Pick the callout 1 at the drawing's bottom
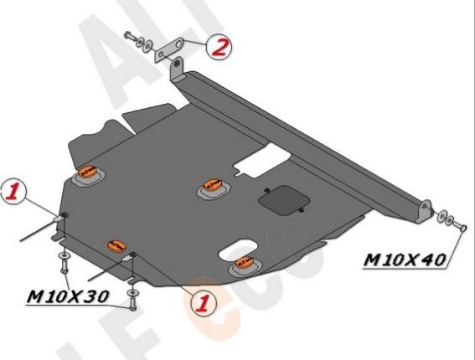click(202, 301)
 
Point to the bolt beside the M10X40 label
click(457, 225)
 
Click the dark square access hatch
click(281, 198)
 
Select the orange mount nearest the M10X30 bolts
click(116, 245)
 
